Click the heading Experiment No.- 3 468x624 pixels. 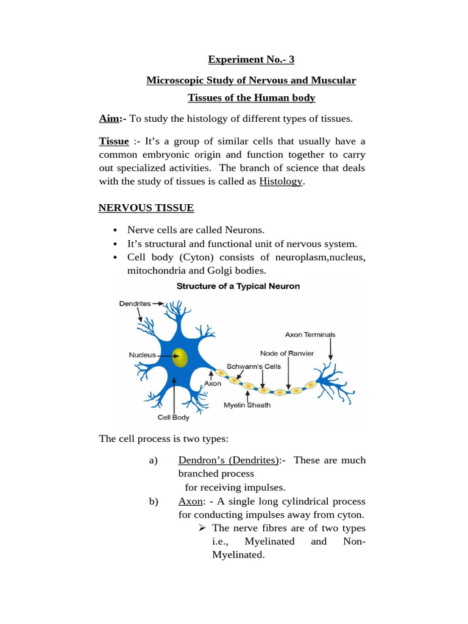click(x=251, y=60)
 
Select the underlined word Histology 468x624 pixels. click(x=280, y=181)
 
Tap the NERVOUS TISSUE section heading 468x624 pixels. click(x=146, y=208)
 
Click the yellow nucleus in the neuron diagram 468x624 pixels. click(x=180, y=357)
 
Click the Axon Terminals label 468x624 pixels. click(x=310, y=335)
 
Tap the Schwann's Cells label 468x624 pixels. click(x=254, y=366)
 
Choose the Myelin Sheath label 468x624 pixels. click(x=247, y=405)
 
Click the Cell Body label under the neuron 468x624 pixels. click(x=173, y=417)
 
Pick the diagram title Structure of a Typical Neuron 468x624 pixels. click(x=238, y=286)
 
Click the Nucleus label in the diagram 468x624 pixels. click(x=142, y=355)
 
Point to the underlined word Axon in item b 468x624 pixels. click(x=190, y=502)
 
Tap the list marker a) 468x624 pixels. click(x=153, y=460)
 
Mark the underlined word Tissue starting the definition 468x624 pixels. click(x=114, y=141)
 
